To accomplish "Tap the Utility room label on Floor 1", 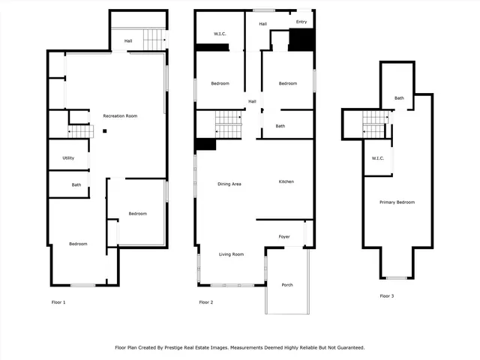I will coord(68,158).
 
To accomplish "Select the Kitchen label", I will coord(286,181).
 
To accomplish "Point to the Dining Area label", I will coord(229,184).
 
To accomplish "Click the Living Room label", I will coord(231,254).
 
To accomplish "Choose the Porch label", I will coord(287,285).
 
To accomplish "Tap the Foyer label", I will coord(284,237).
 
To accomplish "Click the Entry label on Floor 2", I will coord(301,22).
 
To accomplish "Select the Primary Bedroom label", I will coord(397,202).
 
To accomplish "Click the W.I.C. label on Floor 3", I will coord(378,158).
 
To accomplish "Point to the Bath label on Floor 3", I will coord(399,98).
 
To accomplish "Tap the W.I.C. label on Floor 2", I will coord(220,33).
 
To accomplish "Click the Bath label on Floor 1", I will coord(76,184).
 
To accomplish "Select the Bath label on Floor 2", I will coord(280,126).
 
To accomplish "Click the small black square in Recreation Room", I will coord(106,131).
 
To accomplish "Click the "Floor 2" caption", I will coord(205,302).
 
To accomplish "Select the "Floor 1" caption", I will coord(58,302).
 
